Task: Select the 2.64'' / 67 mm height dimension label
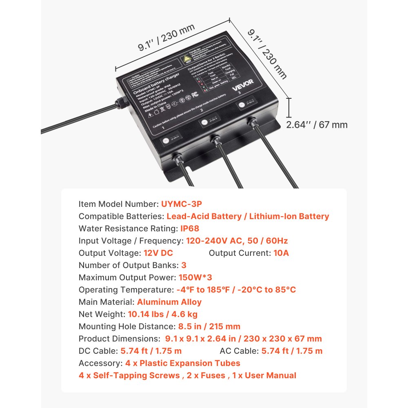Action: [x=317, y=124]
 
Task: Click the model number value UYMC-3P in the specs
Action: [x=182, y=204]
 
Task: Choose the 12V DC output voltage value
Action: [x=158, y=253]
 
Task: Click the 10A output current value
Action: [x=281, y=253]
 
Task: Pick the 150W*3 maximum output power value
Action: [x=195, y=277]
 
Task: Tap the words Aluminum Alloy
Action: [x=169, y=302]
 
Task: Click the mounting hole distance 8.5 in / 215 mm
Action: [x=209, y=326]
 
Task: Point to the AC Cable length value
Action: [x=292, y=351]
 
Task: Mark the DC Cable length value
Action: [x=151, y=351]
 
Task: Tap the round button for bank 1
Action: [x=166, y=141]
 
